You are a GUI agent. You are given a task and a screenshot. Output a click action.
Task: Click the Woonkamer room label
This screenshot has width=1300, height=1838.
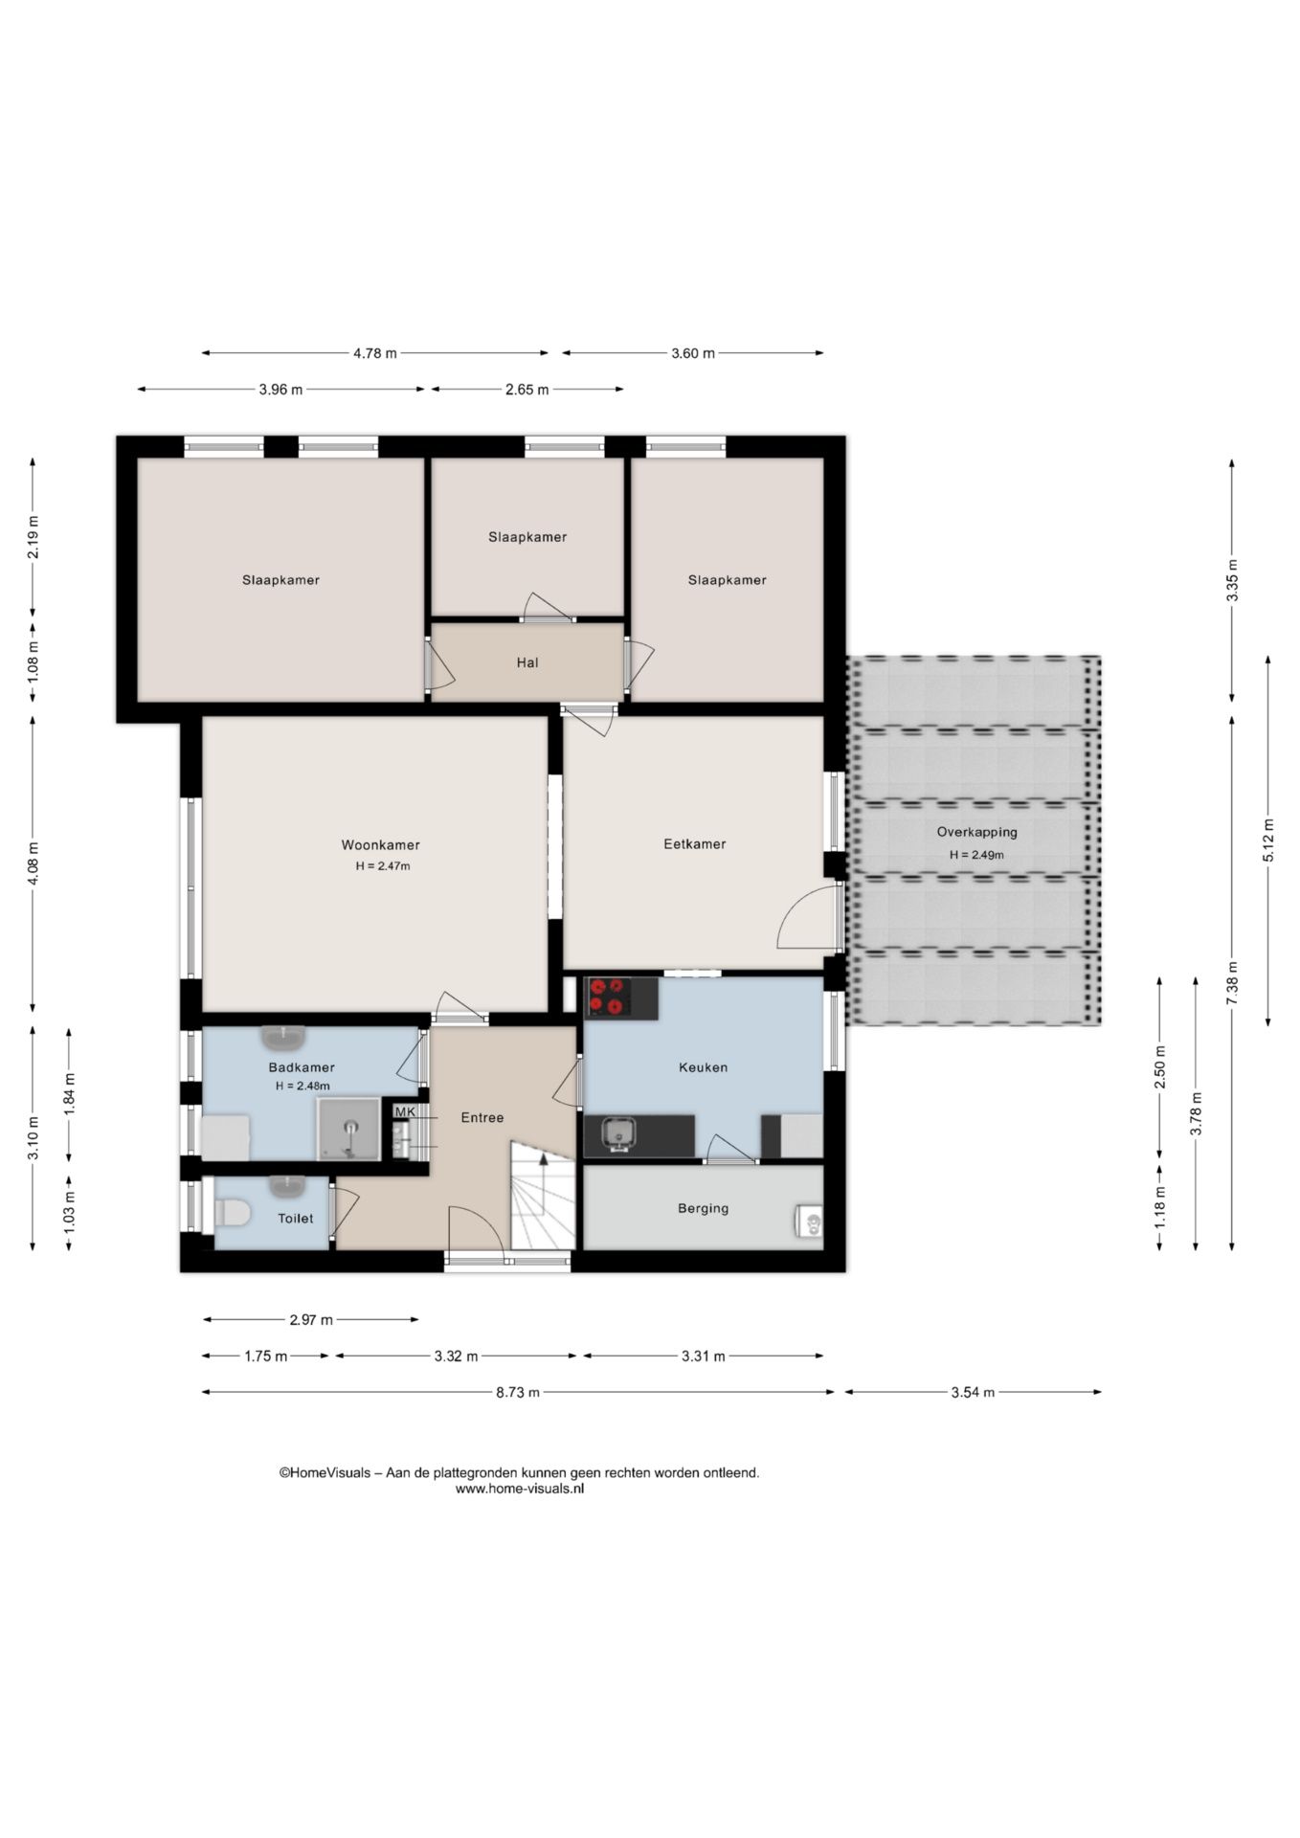pos(380,845)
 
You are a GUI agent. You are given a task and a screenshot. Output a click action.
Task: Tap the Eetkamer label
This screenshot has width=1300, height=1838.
pos(694,844)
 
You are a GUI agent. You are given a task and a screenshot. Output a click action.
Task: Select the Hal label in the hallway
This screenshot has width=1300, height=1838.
pos(527,662)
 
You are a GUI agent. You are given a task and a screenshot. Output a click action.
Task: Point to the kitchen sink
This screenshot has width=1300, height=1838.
pos(619,1134)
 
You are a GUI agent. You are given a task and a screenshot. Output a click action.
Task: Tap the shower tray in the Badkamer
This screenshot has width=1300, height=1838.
pos(349,1129)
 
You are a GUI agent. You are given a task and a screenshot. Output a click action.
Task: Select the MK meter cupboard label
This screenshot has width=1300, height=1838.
pos(405,1111)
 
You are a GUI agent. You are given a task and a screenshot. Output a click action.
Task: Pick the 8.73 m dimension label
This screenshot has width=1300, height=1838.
pos(518,1392)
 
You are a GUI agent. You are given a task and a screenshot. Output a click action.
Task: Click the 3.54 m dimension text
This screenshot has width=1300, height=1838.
pos(973,1392)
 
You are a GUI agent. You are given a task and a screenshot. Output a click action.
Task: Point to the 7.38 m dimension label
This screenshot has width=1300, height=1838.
pos(1232,982)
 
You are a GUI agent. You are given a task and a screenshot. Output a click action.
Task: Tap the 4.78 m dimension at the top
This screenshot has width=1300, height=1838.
pos(375,353)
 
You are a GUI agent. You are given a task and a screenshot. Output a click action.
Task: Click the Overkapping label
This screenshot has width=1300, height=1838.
pos(976,832)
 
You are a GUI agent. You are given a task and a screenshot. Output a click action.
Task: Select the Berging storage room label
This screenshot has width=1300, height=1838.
pos(703,1208)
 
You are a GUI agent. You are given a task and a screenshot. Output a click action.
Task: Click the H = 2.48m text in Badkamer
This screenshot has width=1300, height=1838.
pos(303,1086)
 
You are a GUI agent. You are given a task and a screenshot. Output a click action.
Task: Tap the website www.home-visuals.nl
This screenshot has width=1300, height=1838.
pos(520,1489)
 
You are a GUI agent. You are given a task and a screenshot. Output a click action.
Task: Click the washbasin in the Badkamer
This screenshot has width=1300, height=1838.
pos(283,1037)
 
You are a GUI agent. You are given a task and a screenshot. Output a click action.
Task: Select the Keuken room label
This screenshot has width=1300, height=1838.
pos(703,1067)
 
